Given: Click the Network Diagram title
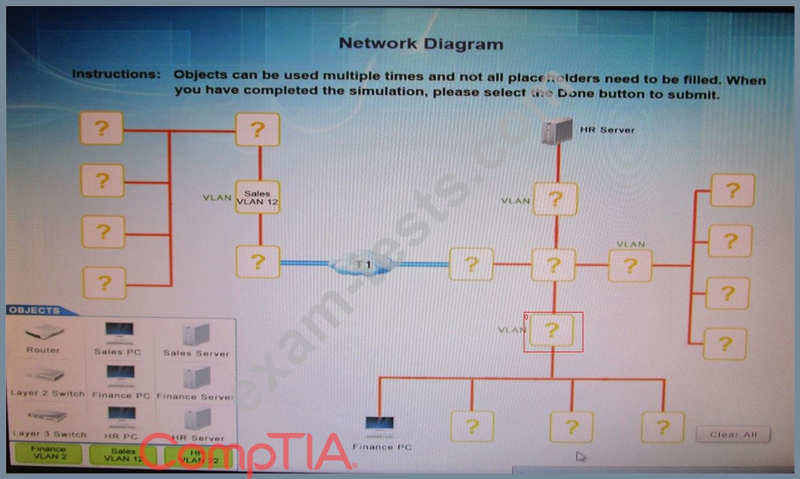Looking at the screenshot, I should click(x=421, y=44).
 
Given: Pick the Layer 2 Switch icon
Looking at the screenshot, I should click(x=46, y=375).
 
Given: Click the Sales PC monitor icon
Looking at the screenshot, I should click(x=119, y=332).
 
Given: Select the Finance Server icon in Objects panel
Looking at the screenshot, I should click(x=196, y=377).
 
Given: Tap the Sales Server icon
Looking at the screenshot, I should click(x=196, y=334).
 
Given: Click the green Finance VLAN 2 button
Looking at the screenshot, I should click(x=48, y=453).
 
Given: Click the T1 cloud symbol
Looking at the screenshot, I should click(x=363, y=264).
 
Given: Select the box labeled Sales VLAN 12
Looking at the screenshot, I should click(x=257, y=197).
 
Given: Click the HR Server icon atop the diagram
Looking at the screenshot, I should click(x=558, y=131).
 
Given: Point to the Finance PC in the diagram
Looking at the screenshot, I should click(x=380, y=427).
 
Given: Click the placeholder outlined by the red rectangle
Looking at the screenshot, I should click(x=552, y=331).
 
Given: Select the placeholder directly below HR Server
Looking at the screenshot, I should click(x=555, y=199).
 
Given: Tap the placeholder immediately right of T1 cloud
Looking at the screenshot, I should click(x=471, y=265).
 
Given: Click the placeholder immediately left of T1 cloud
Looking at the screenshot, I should click(x=257, y=262).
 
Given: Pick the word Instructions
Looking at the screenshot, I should click(x=116, y=74).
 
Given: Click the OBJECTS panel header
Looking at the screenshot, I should click(x=35, y=310).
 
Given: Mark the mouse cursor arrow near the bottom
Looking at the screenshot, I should click(x=580, y=457).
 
